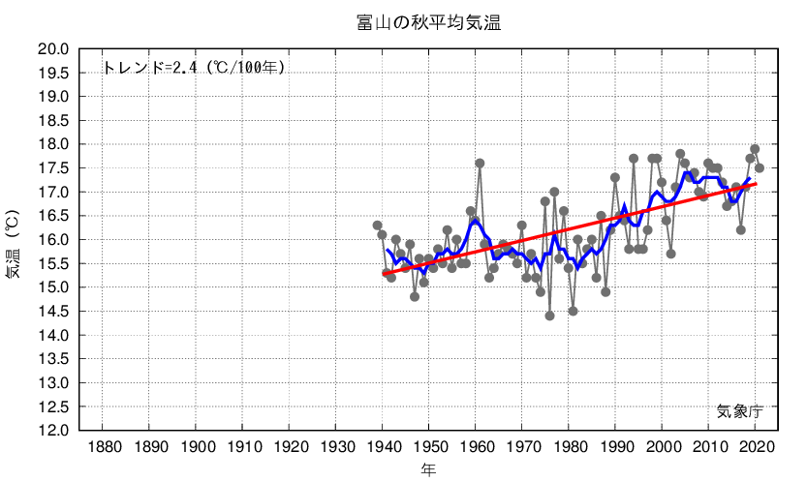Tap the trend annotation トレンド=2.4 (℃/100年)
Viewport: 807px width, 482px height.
click(194, 68)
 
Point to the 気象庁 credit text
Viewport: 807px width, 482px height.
click(740, 410)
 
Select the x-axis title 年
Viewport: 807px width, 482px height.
click(427, 469)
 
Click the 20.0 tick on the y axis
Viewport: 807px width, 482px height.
click(52, 49)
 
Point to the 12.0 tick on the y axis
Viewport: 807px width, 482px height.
click(52, 431)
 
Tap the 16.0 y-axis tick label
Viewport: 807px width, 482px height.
click(52, 240)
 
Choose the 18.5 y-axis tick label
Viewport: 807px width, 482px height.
click(52, 121)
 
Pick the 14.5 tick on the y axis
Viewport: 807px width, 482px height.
click(52, 312)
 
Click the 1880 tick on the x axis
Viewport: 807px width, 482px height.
click(104, 447)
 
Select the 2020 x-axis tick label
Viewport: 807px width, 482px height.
click(756, 447)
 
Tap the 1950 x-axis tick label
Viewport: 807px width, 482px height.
click(429, 447)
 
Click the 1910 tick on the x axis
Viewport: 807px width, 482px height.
click(243, 447)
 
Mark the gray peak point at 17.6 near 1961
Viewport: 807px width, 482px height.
click(480, 164)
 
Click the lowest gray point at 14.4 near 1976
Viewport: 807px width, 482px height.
click(549, 316)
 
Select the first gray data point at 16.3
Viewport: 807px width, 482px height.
click(378, 226)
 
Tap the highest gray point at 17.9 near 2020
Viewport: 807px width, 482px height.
click(755, 149)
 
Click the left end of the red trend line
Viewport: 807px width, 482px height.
click(384, 274)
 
